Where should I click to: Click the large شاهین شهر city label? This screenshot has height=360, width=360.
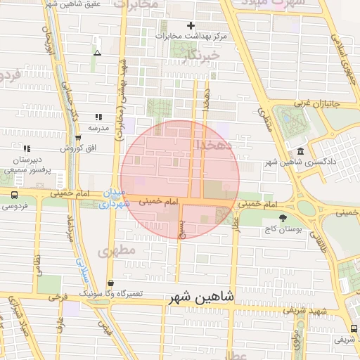pyautogui.click(x=208, y=299)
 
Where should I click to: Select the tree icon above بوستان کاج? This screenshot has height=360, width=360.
pyautogui.click(x=283, y=219)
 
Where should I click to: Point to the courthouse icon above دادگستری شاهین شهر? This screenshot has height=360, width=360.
pyautogui.click(x=301, y=153)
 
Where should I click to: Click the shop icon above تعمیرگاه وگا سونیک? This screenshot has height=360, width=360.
pyautogui.click(x=110, y=283)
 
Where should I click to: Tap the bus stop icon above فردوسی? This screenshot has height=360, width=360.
pyautogui.click(x=13, y=195)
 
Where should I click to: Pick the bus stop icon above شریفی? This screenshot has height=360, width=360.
pyautogui.click(x=352, y=328)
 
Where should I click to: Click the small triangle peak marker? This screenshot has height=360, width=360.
pyautogui.click(x=97, y=53)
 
